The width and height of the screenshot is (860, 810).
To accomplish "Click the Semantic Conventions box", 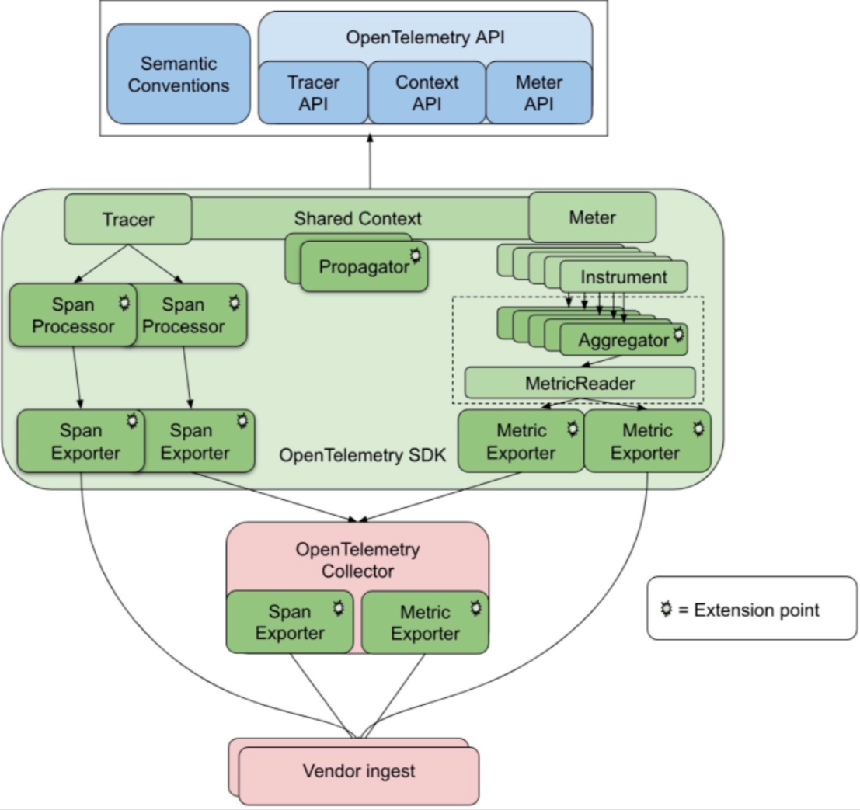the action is (179, 74).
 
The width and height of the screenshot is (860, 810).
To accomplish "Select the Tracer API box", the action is (313, 92).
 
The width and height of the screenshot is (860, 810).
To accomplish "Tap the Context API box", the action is (427, 92).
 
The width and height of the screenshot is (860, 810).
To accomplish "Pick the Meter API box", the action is (539, 92).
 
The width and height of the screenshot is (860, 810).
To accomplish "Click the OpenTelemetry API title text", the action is (425, 37).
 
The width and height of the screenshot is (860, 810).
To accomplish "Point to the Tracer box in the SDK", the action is (128, 219).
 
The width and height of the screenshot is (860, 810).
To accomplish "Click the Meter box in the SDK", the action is (592, 217).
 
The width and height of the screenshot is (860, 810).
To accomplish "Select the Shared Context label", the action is (357, 218).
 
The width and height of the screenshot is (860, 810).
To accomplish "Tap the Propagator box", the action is (364, 266).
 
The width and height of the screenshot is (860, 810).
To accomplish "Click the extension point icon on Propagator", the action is (415, 256).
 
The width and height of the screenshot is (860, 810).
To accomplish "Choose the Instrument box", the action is (624, 277).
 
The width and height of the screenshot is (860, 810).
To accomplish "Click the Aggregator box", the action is (624, 340).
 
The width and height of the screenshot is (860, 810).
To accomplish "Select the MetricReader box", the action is (580, 383).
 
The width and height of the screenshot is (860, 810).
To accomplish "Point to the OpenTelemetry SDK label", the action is (363, 455).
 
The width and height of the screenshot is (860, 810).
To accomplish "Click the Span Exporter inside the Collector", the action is (290, 622).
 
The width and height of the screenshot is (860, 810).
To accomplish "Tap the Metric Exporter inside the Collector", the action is (425, 622).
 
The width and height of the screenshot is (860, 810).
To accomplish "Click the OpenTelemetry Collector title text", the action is (357, 560).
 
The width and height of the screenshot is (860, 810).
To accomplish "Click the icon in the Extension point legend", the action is (667, 609).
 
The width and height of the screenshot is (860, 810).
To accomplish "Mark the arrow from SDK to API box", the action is (371, 162).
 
